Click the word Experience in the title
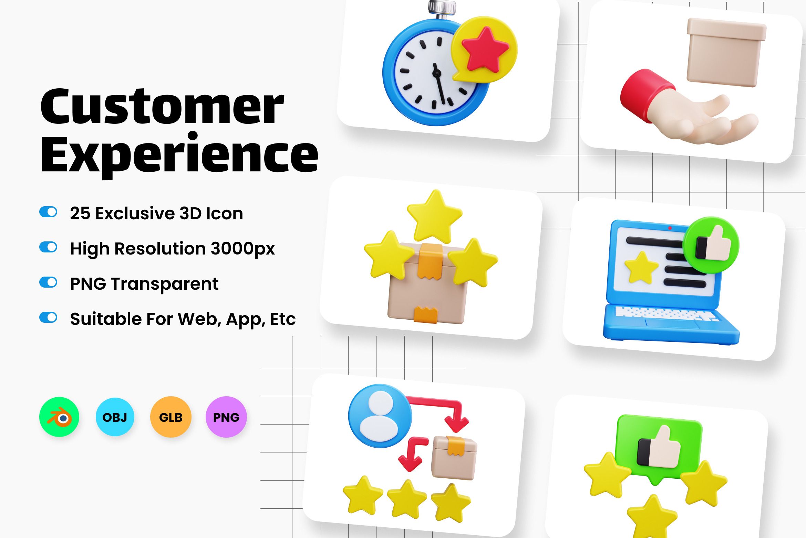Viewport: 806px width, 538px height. tap(179, 155)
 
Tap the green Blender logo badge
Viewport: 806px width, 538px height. tap(59, 417)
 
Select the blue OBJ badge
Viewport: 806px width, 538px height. tap(115, 417)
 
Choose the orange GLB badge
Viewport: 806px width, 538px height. tap(171, 417)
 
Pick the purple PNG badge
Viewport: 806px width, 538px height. tap(226, 417)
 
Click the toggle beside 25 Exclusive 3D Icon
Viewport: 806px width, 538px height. tap(48, 212)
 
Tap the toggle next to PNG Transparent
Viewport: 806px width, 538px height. tap(48, 282)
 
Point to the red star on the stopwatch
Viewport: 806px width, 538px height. tap(485, 49)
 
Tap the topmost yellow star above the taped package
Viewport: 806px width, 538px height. tap(434, 217)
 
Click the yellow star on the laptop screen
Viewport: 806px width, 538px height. tap(641, 268)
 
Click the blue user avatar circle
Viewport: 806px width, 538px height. tap(380, 416)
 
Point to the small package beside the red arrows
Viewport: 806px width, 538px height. tap(454, 458)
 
